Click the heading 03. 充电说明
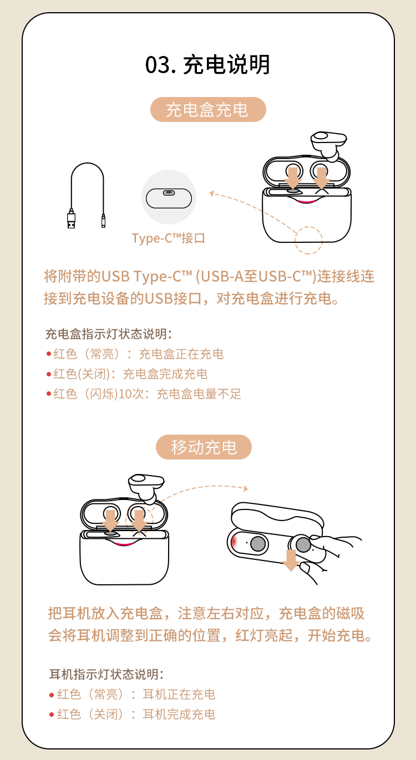tap(207, 64)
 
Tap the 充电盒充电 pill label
tap(208, 110)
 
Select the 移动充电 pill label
tap(204, 447)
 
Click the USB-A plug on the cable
tap(71, 219)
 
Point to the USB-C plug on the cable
tap(103, 221)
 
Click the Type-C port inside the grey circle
tap(169, 193)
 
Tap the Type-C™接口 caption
tap(169, 238)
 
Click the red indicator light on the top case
tap(306, 202)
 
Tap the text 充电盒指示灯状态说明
tap(109, 334)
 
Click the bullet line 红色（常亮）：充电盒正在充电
tap(135, 354)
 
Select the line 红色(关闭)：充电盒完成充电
tap(127, 374)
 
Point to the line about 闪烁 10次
tap(144, 394)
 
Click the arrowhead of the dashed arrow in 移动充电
tap(246, 488)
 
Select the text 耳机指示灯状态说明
tap(106, 674)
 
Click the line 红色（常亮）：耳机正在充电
tap(133, 694)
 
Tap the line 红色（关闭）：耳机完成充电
tap(133, 714)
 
